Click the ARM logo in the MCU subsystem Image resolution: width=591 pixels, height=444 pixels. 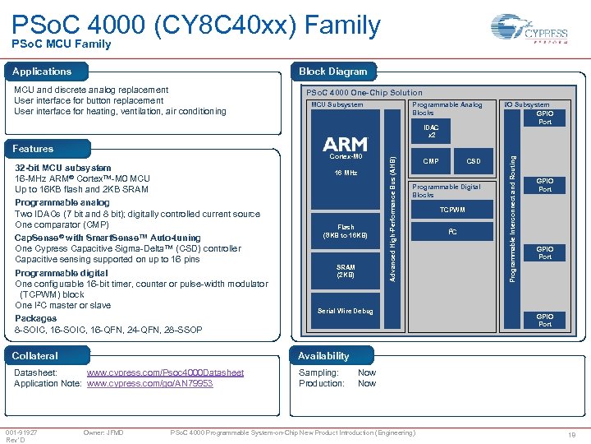pos(346,145)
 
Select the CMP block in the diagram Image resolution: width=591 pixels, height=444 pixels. pos(432,161)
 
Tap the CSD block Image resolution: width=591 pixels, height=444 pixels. pos(474,161)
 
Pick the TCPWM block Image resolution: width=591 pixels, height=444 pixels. pos(452,210)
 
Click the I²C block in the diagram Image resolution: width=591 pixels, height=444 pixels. pos(452,233)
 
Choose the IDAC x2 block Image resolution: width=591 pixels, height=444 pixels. pos(431,131)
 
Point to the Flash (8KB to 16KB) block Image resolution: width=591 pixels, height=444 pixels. pos(346,232)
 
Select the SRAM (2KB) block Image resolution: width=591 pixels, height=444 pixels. pos(346,271)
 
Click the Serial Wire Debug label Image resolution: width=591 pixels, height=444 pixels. pos(346,311)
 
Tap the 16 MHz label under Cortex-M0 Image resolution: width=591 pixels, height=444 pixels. pos(346,173)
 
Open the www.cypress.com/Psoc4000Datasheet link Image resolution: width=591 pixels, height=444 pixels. pos(165,372)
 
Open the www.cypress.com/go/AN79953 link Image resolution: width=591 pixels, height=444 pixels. pos(149,383)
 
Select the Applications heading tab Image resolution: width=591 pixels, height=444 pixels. pos(42,72)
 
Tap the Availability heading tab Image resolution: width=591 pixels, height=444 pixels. pos(323,356)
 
